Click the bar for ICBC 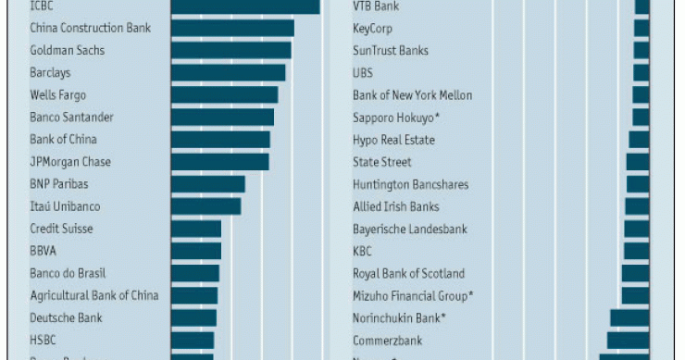(x=244, y=6)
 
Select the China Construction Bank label (x=90, y=28)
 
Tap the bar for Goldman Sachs (x=230, y=50)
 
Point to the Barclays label (x=50, y=72)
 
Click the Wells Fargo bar (x=224, y=94)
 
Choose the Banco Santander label (x=71, y=118)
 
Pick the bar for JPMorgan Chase (x=219, y=162)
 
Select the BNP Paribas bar (x=207, y=184)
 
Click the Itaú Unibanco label (x=65, y=206)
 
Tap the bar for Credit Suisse (x=195, y=229)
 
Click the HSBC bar (x=192, y=340)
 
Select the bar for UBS (x=641, y=72)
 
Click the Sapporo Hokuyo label (x=395, y=118)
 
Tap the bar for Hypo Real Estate (x=639, y=140)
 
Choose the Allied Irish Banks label (x=395, y=206)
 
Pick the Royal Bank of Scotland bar (x=635, y=273)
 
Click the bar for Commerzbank (x=628, y=340)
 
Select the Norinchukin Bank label (x=399, y=317)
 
